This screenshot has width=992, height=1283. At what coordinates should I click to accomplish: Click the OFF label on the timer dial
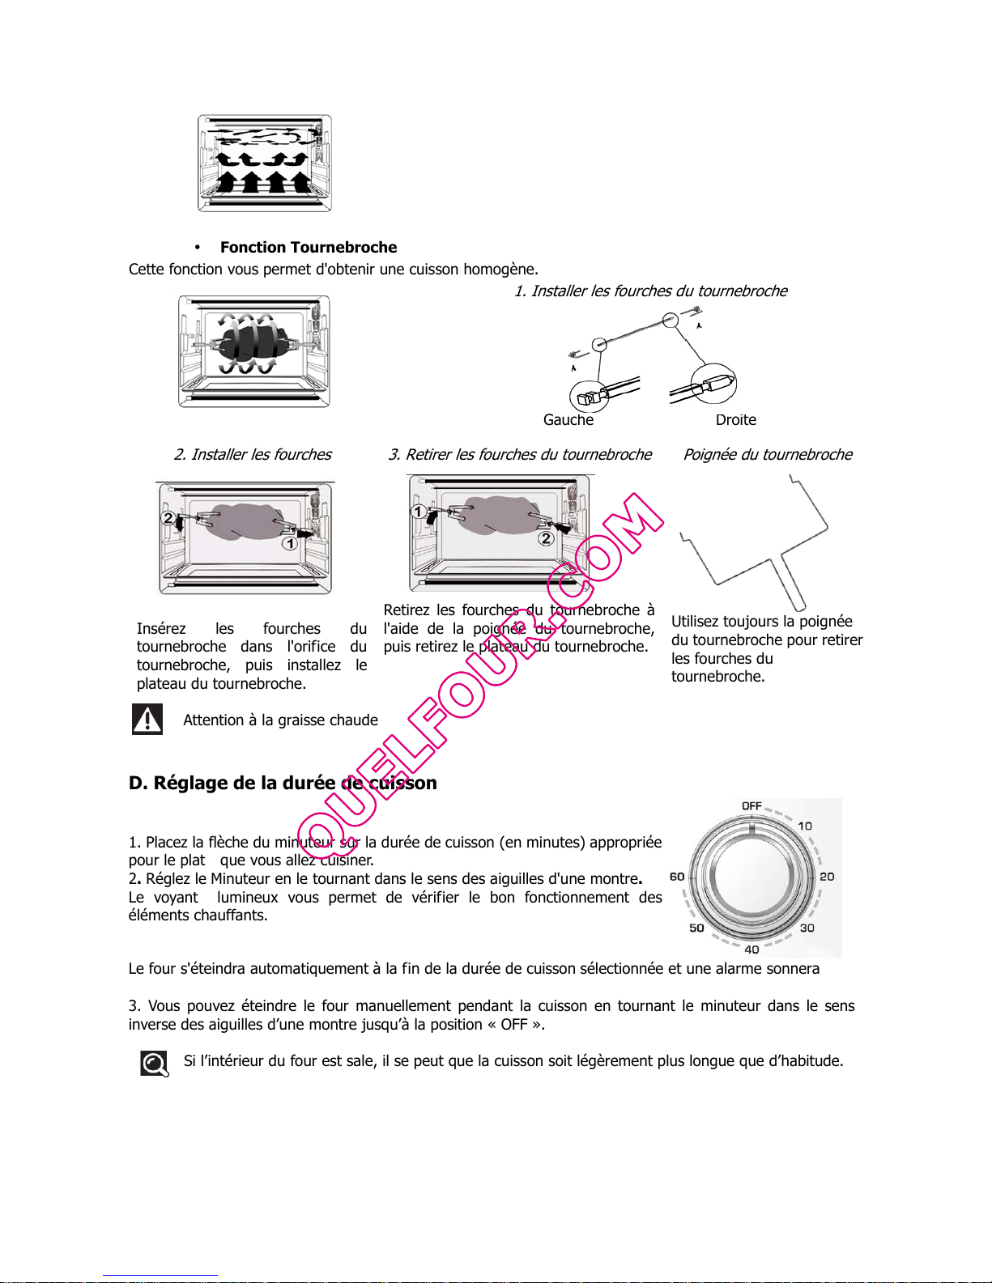coord(751,806)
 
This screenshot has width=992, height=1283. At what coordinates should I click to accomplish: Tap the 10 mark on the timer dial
coord(805,826)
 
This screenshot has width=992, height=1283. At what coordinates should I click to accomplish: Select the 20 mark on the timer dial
coord(827,877)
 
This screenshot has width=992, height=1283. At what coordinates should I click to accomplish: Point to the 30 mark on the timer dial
coord(807,928)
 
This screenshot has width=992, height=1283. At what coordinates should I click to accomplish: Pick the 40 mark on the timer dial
coord(751,950)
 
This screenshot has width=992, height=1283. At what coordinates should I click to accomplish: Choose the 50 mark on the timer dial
coord(696,928)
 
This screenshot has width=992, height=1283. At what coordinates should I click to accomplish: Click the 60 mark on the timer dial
coord(677,877)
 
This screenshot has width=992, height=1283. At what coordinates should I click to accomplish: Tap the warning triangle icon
coord(147,719)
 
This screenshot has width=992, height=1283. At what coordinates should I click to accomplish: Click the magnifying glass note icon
coord(155,1064)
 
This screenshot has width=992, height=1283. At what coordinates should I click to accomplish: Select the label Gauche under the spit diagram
coord(568,420)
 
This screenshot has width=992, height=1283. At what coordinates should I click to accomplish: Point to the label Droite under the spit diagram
coord(736,420)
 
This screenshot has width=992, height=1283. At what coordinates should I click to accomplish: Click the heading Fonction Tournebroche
coord(309,248)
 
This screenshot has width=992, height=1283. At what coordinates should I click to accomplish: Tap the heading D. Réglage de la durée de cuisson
coord(283,783)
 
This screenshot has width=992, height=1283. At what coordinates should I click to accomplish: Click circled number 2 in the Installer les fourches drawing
coord(168,518)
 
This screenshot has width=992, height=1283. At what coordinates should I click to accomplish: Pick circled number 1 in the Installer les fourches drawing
coord(289,543)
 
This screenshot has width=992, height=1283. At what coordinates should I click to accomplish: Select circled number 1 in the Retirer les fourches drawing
coord(419,512)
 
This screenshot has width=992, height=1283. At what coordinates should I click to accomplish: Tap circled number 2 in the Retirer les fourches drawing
coord(546,538)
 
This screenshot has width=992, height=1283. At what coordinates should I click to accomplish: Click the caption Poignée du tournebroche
coord(768,455)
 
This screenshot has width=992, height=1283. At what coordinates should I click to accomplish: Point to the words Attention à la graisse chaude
coord(280,720)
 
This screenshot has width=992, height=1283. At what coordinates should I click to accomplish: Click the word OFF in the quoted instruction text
coord(513,1025)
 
